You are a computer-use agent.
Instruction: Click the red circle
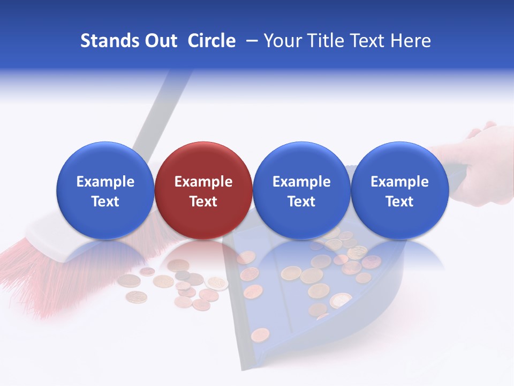pos(203,190)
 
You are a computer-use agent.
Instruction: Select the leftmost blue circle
pos(105,190)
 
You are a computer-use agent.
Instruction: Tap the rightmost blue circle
pos(399,190)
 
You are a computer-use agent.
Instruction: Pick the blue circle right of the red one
pos(301,190)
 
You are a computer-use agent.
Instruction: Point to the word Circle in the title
pos(211,41)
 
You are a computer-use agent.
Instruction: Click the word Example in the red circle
pos(203,182)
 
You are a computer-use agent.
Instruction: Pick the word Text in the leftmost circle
pos(105,202)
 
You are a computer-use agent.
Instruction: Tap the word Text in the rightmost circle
pos(399,202)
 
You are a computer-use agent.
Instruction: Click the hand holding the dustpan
pos(482,161)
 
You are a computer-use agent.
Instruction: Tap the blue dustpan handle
pos(455,177)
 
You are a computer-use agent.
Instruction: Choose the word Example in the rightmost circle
pos(399,182)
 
